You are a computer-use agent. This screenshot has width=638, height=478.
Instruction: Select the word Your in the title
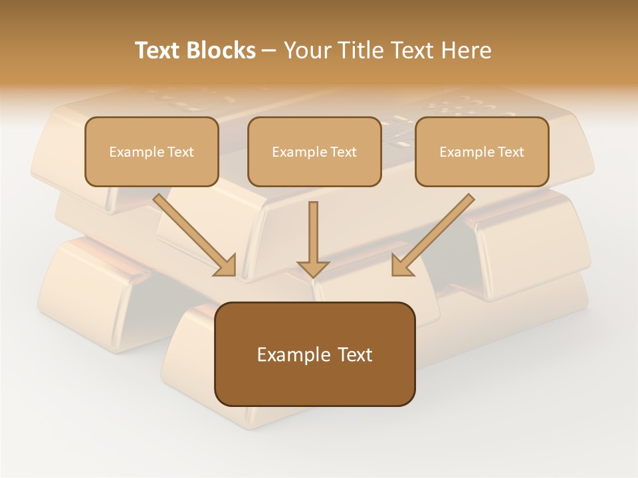point(306,50)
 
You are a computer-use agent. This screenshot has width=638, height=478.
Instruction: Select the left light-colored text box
point(152,151)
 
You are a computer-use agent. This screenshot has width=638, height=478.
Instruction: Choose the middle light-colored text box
point(314,151)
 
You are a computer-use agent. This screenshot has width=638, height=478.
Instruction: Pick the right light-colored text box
point(482,151)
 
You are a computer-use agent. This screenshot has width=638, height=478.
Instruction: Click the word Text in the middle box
point(344,152)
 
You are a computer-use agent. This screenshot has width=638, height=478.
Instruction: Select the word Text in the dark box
point(356,355)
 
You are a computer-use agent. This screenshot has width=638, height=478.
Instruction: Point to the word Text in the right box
point(511,152)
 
